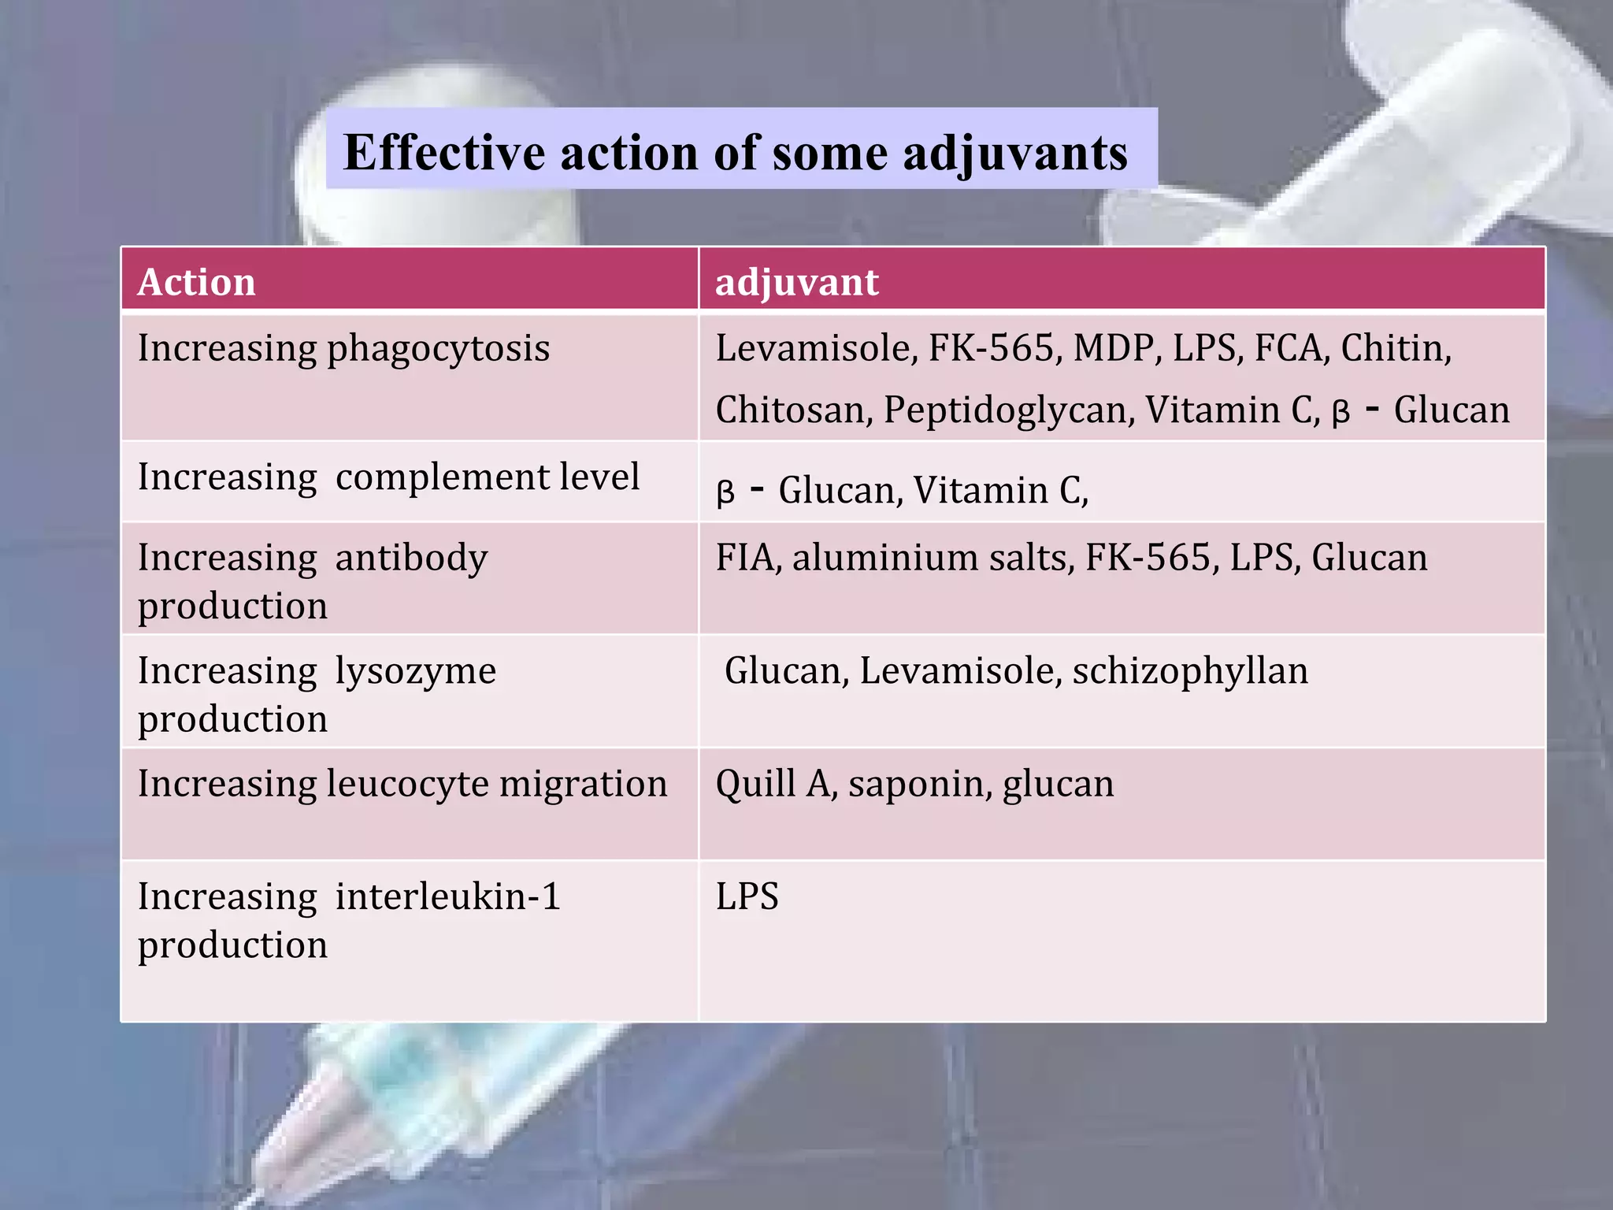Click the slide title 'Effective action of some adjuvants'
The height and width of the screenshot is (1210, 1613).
[736, 152]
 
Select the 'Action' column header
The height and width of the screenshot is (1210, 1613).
[197, 282]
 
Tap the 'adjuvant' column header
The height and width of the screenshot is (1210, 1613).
[796, 282]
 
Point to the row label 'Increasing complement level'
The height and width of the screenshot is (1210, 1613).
[388, 477]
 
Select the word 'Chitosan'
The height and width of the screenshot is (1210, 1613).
[794, 410]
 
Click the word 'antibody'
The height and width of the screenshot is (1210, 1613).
[411, 558]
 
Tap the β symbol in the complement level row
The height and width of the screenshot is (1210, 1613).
[725, 493]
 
